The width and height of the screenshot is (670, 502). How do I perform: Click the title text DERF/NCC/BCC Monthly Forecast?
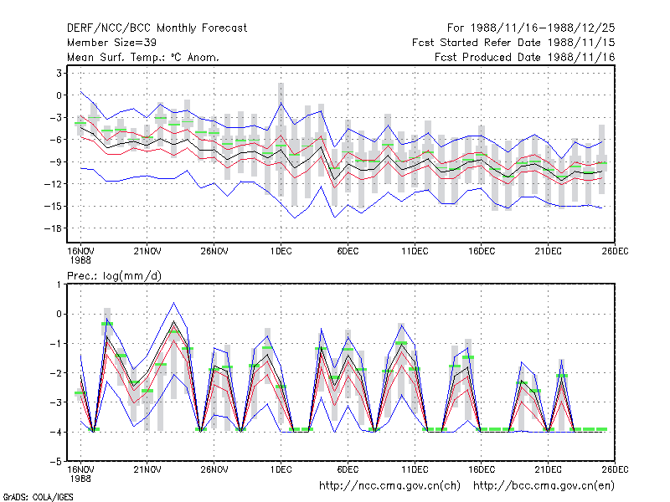tap(157, 28)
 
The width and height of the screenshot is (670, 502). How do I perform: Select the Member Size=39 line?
tap(111, 43)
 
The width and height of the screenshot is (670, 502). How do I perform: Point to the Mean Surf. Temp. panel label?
tap(143, 57)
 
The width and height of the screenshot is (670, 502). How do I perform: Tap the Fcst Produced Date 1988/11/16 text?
tap(525, 57)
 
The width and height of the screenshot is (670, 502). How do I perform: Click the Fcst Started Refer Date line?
tap(513, 43)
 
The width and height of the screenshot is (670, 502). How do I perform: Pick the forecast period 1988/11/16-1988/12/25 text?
tap(531, 28)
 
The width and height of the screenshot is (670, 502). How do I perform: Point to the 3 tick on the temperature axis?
tap(59, 74)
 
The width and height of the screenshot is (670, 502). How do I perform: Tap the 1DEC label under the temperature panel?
tap(281, 251)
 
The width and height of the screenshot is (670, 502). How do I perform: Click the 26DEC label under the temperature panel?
tap(615, 251)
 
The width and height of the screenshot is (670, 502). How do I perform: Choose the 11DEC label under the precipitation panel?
tap(415, 469)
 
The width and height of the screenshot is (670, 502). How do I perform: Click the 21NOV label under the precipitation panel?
tap(147, 469)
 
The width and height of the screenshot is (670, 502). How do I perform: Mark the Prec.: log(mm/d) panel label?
tap(114, 276)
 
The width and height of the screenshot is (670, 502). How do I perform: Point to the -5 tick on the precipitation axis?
tap(56, 462)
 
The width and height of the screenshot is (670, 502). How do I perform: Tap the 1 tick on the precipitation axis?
tap(59, 284)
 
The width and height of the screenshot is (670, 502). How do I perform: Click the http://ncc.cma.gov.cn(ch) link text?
tap(389, 486)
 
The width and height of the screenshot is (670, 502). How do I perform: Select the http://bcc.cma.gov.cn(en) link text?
tap(544, 486)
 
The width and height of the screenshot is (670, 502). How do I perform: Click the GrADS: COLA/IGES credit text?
tap(38, 497)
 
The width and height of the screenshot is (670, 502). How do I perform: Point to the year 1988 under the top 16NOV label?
tap(80, 260)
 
